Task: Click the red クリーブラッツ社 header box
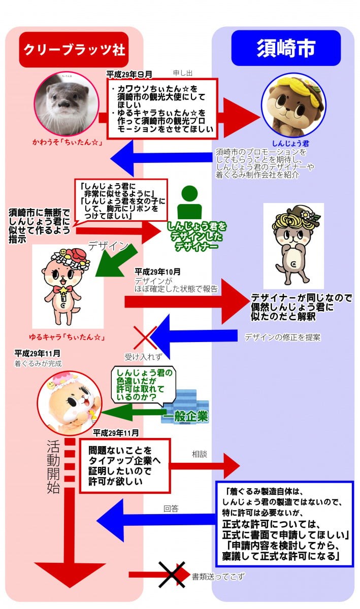click(74, 50)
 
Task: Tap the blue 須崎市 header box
click(286, 48)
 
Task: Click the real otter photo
click(67, 104)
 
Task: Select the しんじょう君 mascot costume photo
click(293, 105)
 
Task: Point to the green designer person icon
click(189, 202)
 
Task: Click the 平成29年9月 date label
click(129, 74)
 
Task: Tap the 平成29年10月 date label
click(157, 272)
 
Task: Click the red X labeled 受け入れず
click(145, 337)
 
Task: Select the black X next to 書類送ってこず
click(172, 574)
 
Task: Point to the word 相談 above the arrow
click(200, 454)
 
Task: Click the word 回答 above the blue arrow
click(171, 509)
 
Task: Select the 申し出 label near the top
click(183, 73)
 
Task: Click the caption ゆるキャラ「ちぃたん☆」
click(67, 337)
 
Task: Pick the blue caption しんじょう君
click(291, 143)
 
